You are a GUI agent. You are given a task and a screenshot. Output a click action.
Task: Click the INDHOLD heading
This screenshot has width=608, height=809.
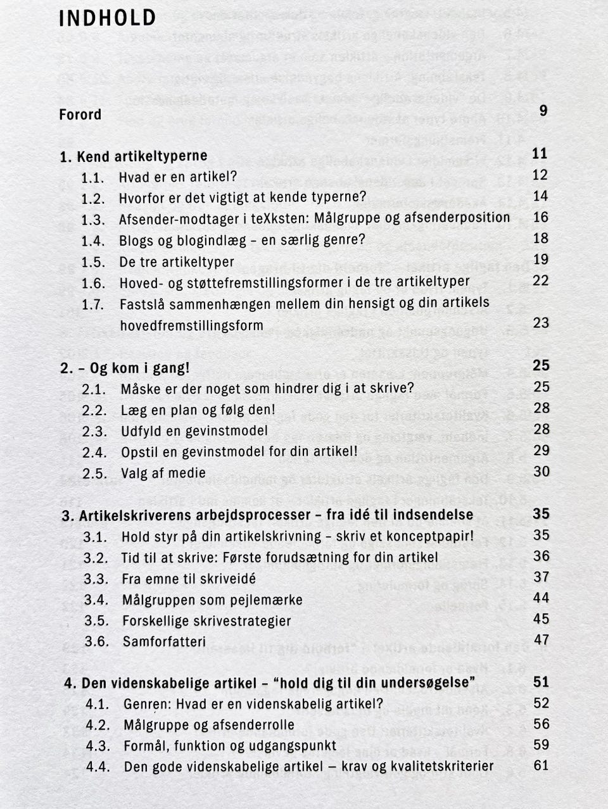107,18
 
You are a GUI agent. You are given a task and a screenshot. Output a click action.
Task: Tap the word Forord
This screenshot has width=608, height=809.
80,115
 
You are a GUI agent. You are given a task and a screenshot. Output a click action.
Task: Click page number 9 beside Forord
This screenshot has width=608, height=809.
543,110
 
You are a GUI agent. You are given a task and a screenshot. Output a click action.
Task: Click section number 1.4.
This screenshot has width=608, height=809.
92,241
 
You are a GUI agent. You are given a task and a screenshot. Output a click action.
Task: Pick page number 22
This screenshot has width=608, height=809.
540,280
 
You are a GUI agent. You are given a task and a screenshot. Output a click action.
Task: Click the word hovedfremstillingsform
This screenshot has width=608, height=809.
191,325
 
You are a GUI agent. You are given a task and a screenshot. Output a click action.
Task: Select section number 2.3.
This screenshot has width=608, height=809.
94,431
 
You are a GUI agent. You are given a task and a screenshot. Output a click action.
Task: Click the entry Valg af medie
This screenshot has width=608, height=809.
163,473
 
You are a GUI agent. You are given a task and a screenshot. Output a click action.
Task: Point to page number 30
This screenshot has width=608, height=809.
541,471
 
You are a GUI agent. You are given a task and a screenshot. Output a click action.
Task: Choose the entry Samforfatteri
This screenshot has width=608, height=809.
164,641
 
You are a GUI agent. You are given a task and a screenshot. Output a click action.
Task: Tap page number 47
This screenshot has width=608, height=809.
541,639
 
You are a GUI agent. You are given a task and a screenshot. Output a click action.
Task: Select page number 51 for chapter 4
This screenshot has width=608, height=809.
541,682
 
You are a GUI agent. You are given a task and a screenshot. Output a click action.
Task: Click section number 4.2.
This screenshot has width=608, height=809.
98,724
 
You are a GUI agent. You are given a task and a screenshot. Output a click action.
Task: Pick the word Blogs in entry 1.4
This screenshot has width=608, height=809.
136,241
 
